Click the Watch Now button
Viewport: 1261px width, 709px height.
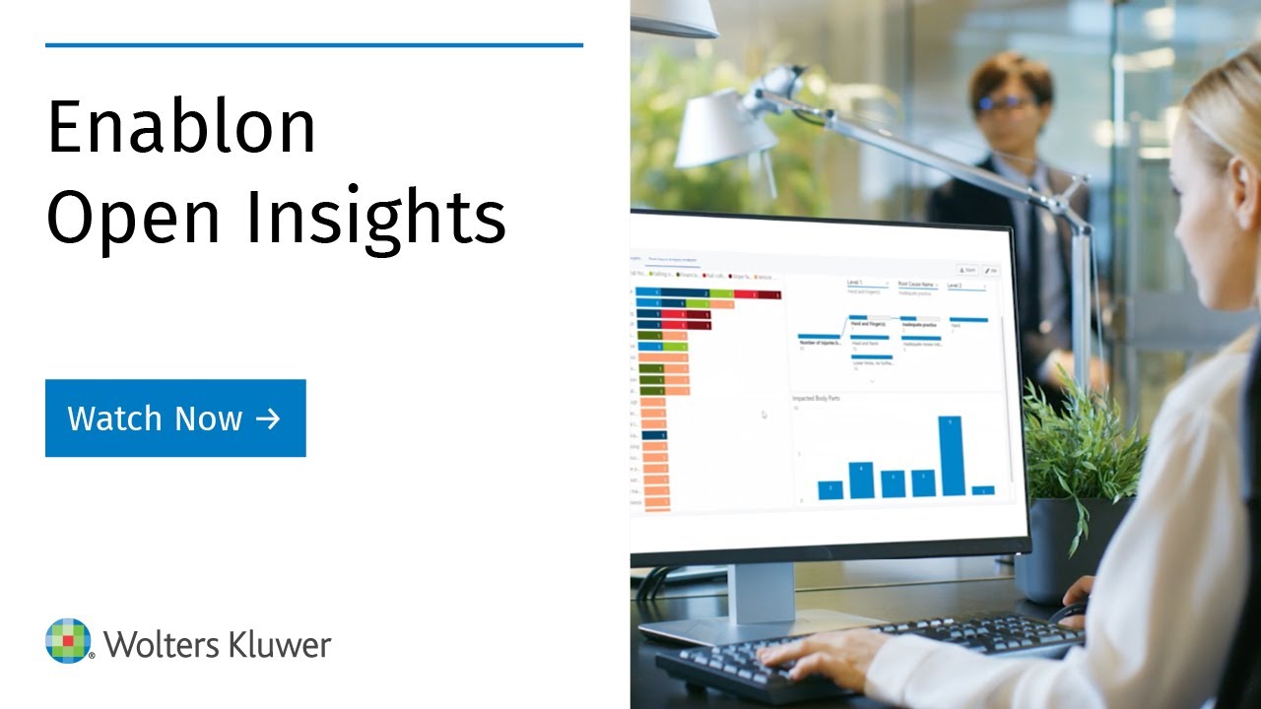(x=175, y=419)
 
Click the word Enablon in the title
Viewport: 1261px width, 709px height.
(x=181, y=128)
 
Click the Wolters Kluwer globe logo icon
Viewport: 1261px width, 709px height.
(x=68, y=641)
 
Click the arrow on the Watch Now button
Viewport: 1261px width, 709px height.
(x=268, y=419)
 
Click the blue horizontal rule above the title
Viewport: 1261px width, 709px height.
(x=314, y=44)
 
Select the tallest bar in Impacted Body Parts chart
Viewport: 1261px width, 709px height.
(x=950, y=456)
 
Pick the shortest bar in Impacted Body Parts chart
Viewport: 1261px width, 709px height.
(x=983, y=489)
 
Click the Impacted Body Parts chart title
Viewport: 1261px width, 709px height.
(x=816, y=399)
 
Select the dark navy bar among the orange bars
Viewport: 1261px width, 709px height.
(x=654, y=434)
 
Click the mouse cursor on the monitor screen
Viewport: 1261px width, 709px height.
(x=764, y=415)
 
